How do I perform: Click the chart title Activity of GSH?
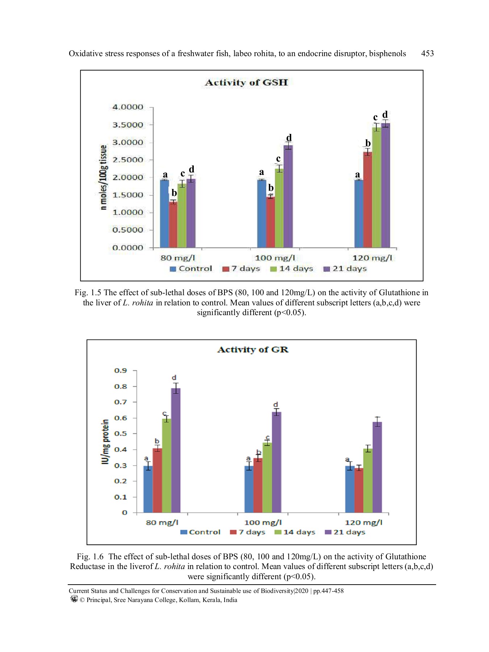coord(246,83)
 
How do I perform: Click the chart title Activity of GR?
coord(252,350)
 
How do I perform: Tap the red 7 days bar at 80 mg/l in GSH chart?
coord(173,225)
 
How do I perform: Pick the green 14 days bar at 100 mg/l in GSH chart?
coord(279,208)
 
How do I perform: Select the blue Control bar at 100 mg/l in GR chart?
coord(249,489)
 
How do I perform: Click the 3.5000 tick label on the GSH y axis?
coord(128,125)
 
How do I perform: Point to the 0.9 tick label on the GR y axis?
coord(121,371)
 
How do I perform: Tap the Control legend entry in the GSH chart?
coord(191,269)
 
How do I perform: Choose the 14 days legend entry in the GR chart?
coord(295,532)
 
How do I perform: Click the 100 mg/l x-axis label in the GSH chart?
coord(275,258)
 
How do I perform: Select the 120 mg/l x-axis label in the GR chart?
coord(363,522)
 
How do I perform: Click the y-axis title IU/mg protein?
coord(105,441)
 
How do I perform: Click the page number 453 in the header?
coord(427,54)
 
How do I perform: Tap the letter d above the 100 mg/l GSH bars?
coord(289,138)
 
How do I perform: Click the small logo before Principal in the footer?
coord(74,599)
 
